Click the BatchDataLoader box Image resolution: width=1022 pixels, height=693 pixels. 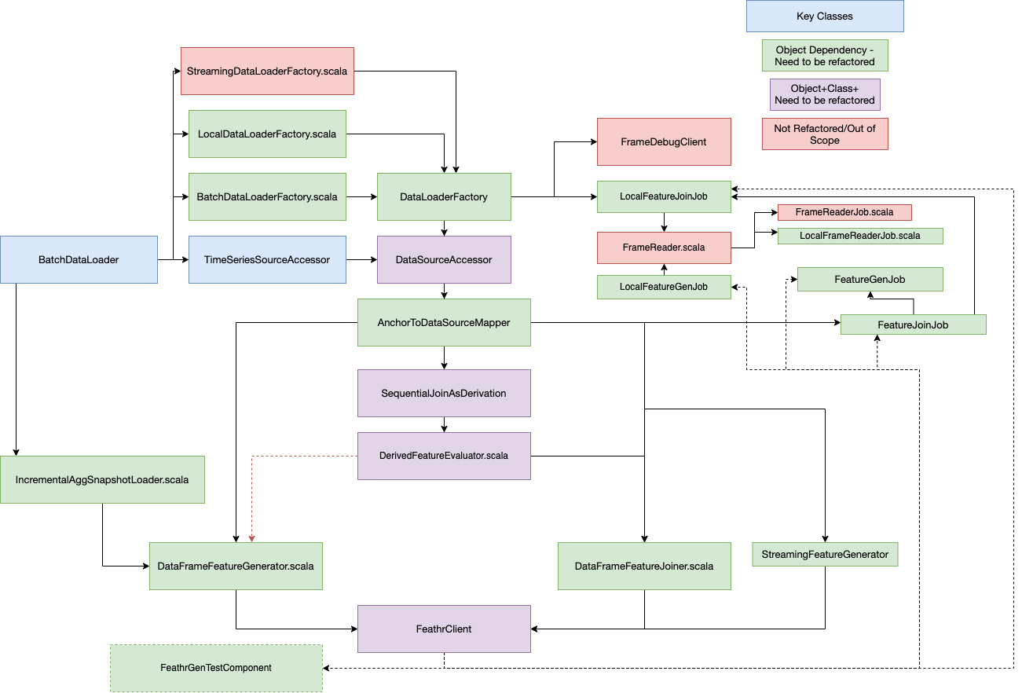(79, 259)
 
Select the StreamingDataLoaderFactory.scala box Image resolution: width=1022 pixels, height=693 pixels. (267, 71)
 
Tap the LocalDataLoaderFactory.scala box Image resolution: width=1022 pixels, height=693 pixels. (267, 134)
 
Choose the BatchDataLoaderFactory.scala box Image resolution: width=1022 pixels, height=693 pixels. (267, 196)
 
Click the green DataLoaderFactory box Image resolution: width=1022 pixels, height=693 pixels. (444, 196)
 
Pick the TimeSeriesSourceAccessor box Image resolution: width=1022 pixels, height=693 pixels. (267, 259)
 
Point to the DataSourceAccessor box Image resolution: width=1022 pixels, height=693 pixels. (444, 259)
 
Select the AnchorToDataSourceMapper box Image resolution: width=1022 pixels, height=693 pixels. (444, 322)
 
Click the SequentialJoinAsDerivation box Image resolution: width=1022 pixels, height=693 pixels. (444, 393)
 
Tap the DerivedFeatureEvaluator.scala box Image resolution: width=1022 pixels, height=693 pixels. (444, 456)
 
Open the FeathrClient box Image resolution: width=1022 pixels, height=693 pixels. (444, 629)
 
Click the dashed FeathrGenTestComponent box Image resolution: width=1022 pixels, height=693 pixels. (216, 668)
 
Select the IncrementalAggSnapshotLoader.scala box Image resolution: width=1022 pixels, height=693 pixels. (102, 479)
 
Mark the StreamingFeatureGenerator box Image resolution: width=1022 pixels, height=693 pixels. (825, 555)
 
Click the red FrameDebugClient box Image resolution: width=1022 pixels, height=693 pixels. (664, 141)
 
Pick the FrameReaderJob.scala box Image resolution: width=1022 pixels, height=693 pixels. (844, 212)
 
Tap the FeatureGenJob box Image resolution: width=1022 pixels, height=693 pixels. (870, 280)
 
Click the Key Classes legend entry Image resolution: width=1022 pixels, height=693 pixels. (825, 16)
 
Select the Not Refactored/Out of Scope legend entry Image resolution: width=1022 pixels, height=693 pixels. (825, 134)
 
